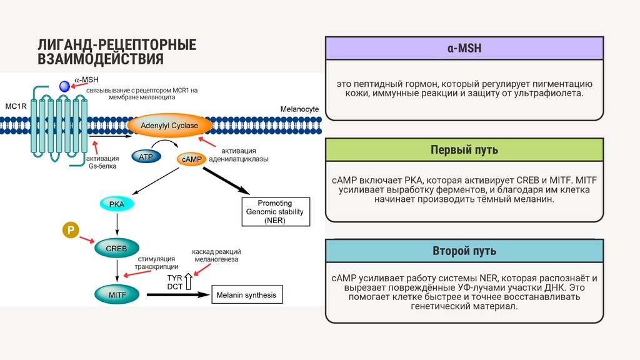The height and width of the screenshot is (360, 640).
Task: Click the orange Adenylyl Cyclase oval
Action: (x=169, y=126)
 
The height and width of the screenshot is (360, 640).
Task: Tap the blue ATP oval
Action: (x=146, y=156)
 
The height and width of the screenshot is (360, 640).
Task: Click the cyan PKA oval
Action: (x=117, y=204)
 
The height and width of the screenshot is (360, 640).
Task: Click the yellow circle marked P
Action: (x=71, y=231)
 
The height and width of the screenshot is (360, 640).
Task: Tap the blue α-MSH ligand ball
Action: (x=65, y=87)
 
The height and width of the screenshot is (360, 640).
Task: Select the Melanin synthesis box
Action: (x=245, y=295)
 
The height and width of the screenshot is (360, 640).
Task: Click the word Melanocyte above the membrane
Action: (x=299, y=109)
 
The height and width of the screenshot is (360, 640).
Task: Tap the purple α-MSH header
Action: (x=464, y=48)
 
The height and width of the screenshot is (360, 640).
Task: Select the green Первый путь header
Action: (x=464, y=150)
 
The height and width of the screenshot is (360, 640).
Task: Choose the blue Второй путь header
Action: (x=464, y=251)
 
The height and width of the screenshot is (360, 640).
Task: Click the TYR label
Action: (x=174, y=277)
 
